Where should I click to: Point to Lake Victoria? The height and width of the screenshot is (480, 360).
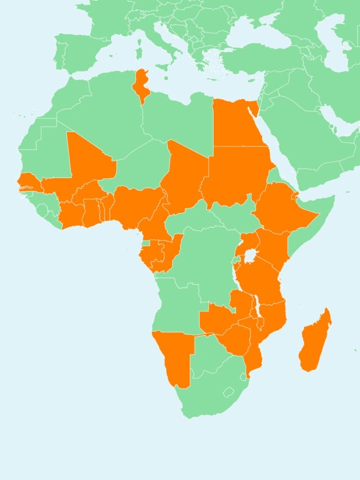[251, 256]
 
